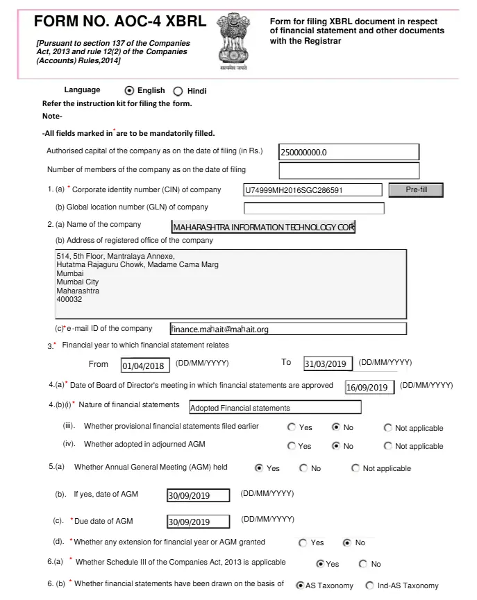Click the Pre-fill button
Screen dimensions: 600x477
416,189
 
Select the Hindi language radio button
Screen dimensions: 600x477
177,91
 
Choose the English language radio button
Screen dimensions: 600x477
128,90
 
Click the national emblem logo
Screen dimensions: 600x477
233,41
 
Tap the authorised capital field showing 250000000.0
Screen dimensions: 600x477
349,152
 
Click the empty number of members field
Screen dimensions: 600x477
349,171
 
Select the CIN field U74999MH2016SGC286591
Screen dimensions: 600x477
312,190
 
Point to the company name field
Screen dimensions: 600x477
263,227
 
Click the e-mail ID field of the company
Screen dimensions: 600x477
287,329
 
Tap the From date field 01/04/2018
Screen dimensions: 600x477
145,366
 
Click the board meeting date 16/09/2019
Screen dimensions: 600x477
369,387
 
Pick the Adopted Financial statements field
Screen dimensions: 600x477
275,407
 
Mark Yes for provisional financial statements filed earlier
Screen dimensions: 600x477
292,427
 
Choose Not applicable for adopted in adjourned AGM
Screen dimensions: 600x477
387,446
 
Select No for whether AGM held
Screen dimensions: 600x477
303,468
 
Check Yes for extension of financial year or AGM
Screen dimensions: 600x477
303,542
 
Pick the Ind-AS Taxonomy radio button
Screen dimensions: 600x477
369,585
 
